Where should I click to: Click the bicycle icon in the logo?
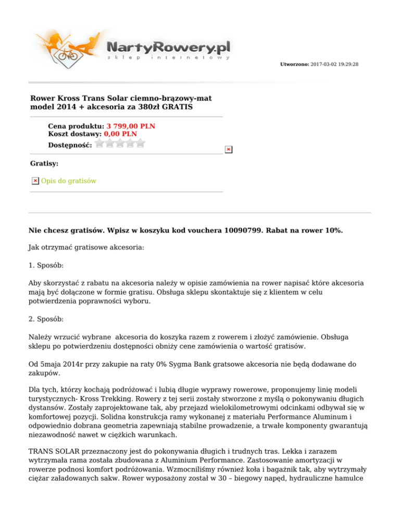[x=67, y=54]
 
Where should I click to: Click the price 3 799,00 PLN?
[x=131, y=126]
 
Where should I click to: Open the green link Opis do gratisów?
[x=68, y=181]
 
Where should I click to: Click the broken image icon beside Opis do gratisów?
[x=35, y=181]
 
